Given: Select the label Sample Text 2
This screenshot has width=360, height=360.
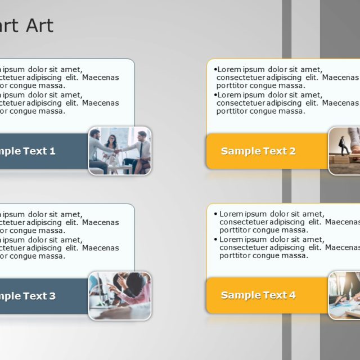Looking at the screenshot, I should pos(258,151).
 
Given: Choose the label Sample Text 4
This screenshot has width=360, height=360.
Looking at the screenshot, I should pos(258,295).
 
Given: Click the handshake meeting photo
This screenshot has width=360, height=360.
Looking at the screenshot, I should pos(120,150).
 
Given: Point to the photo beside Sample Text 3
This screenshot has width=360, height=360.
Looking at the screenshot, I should pos(120,296).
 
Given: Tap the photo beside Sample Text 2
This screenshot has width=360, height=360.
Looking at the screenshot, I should pos(344,150).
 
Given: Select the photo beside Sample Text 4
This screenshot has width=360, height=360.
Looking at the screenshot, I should pos(344,295).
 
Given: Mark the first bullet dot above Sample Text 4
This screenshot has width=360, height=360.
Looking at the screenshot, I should pos(215,214).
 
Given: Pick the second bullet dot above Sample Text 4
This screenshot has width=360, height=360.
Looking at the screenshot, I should pos(215,239).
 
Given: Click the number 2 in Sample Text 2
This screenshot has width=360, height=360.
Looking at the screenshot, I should pos(292,151).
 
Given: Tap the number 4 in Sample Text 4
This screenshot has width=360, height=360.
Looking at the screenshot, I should pos(292,295).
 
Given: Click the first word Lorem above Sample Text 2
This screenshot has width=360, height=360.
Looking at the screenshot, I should pos(229,70).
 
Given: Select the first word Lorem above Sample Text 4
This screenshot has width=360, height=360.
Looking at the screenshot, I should pos(231,214).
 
